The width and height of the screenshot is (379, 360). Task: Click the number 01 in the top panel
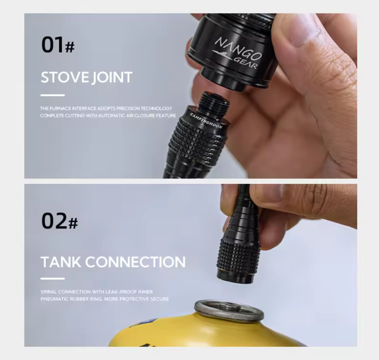pyautogui.click(x=52, y=45)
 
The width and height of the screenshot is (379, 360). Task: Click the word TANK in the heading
pyautogui.click(x=61, y=262)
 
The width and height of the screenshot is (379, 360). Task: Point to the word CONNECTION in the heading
pyautogui.click(x=135, y=262)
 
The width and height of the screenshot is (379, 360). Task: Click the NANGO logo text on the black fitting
pyautogui.click(x=239, y=49)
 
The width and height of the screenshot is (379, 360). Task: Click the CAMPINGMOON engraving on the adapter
pyautogui.click(x=206, y=121)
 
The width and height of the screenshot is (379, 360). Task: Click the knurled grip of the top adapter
pyautogui.click(x=196, y=142)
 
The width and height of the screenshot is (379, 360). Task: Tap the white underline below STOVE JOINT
pyautogui.click(x=52, y=95)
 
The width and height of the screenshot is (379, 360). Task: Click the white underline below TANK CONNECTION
pyautogui.click(x=52, y=278)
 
